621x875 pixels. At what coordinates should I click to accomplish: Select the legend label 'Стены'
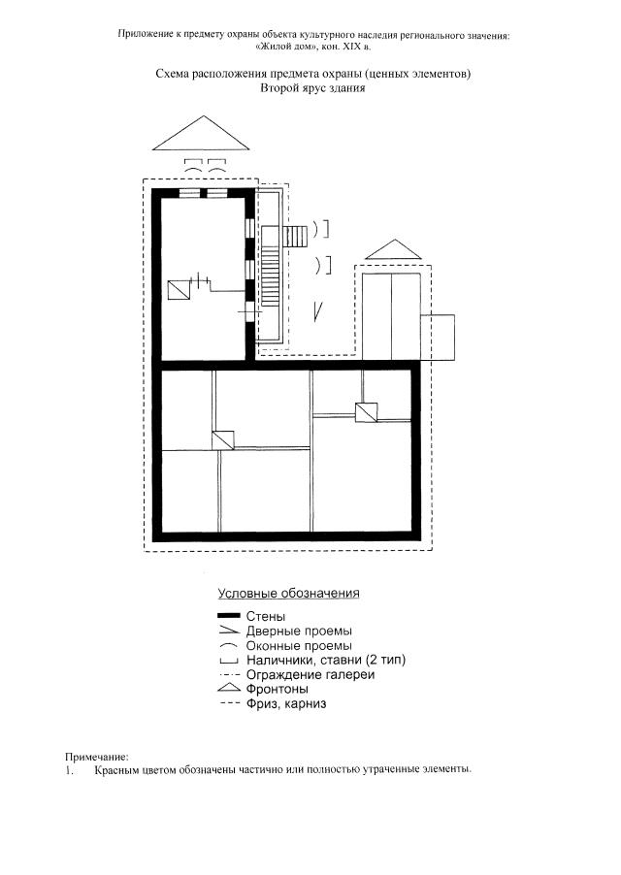266,616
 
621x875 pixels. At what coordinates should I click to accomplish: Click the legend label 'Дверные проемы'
299,632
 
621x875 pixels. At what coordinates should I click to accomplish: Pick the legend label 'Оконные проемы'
299,646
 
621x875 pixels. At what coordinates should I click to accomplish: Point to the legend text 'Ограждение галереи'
310,674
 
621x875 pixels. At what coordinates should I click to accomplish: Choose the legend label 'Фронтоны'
278,689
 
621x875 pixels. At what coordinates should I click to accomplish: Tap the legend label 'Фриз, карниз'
286,703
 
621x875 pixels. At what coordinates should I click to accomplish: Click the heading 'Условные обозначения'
288,593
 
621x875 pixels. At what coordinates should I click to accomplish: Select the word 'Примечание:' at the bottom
96,758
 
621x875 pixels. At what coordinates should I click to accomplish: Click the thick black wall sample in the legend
229,616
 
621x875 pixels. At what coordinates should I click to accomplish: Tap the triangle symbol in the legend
229,689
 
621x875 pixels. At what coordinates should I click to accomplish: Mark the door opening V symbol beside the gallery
317,311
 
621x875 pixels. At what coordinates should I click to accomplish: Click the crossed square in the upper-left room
180,290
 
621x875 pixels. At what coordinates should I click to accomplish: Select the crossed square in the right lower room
366,412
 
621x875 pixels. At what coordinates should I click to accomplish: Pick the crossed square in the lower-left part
222,440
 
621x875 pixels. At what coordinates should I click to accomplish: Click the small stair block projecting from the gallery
296,237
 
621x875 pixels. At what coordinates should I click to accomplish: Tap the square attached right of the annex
438,338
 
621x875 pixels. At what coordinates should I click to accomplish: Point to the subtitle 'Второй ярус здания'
312,88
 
